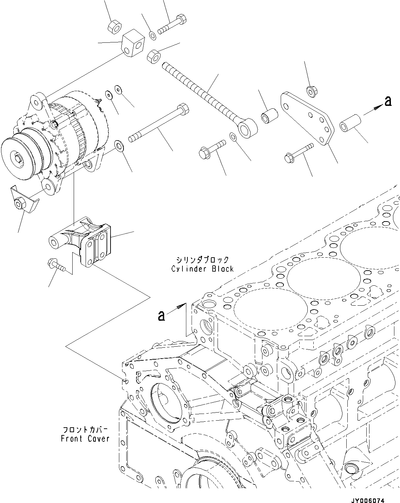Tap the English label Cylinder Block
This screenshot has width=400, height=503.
coord(202,269)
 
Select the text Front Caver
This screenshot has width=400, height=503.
coord(85,439)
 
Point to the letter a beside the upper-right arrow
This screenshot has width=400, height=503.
coord(388,102)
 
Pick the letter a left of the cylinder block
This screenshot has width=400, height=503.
coord(161,315)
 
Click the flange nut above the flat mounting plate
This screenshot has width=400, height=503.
coord(311,91)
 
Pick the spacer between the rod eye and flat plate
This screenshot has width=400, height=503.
coord(269,116)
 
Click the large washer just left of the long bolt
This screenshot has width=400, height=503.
coord(120,145)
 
